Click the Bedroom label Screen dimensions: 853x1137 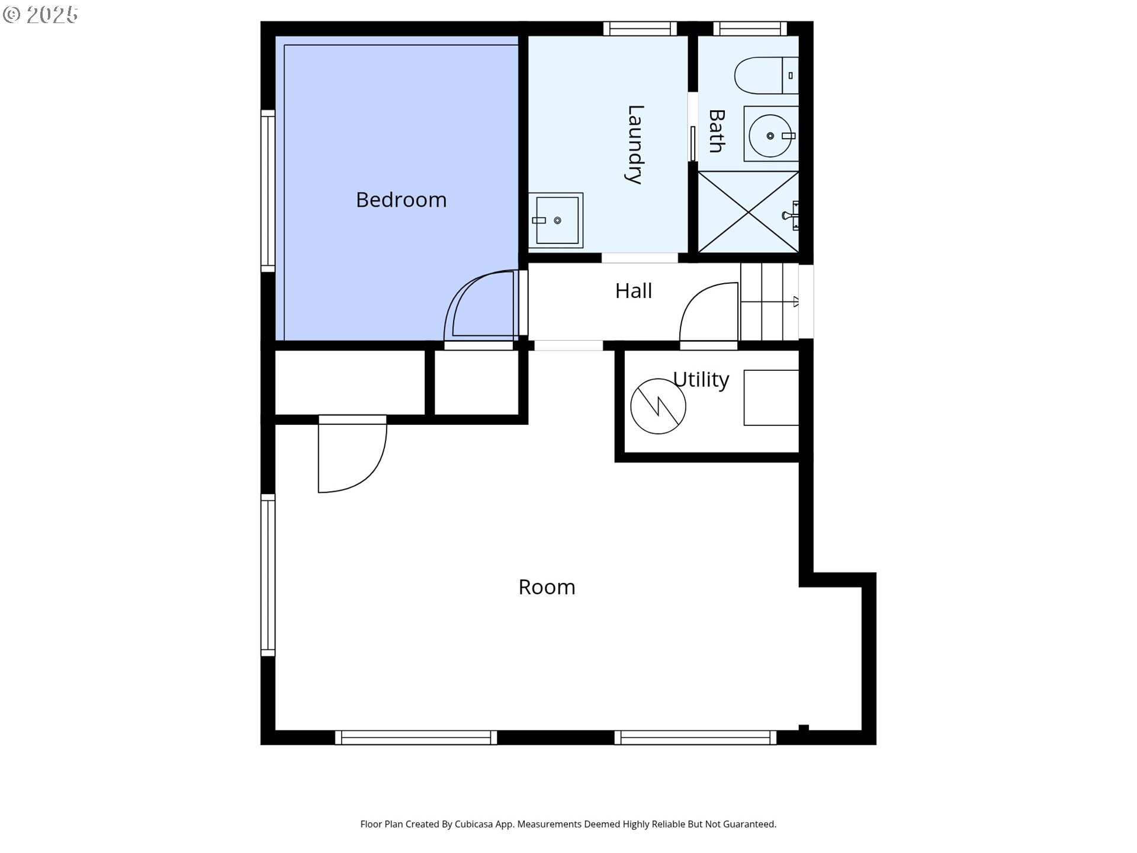coord(401,200)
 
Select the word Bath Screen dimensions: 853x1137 coord(717,131)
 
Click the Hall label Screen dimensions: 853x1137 coord(633,291)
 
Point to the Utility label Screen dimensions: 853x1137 coord(701,379)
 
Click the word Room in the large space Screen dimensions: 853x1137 coord(547,587)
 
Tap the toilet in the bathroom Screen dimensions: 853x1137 coord(764,75)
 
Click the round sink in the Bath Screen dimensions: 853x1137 coord(769,136)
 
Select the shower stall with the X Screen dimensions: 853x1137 coord(749,212)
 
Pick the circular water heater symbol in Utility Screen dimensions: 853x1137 coord(658,406)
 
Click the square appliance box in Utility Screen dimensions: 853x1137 coord(771,397)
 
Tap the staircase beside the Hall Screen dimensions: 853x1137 coord(769,302)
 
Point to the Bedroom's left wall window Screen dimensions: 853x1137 coord(268,191)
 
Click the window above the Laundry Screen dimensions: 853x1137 coord(640,28)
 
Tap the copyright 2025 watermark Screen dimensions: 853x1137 coord(40,15)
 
